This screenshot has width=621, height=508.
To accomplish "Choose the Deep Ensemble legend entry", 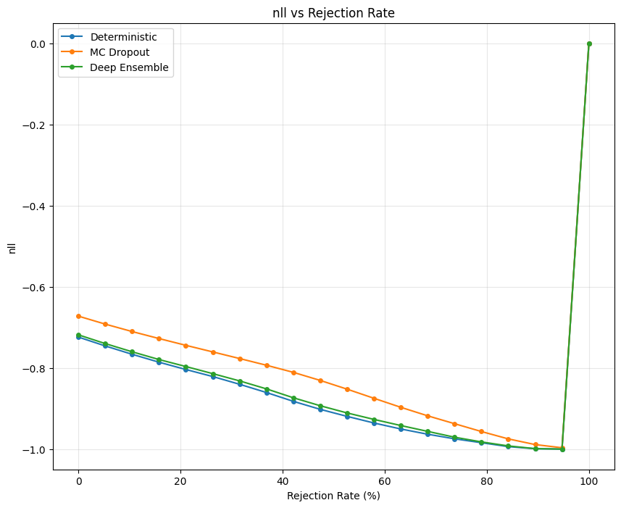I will coord(129,67).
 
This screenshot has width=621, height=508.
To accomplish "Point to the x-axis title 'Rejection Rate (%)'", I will coord(333,496).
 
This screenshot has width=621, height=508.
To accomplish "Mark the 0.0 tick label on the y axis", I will coord(38,44).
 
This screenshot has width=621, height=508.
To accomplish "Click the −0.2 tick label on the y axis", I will coord(35,125).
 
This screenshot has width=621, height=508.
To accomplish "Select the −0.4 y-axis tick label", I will coord(35,207).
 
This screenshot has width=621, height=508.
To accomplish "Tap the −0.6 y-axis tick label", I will coord(35,288).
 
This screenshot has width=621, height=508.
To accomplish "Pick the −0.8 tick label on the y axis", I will coord(35,369).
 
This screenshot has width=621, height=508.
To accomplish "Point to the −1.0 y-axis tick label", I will coord(35,450).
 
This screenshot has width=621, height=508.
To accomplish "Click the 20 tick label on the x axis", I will coord(180,480).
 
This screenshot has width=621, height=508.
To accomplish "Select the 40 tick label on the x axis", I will coord(283,480).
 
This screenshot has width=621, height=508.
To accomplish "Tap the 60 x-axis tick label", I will coord(385,480).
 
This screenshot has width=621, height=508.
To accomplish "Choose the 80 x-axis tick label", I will coord(487,480).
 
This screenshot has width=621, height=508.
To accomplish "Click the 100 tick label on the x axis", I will coord(589,480).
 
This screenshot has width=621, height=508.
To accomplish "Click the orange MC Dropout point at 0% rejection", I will coord(78,316).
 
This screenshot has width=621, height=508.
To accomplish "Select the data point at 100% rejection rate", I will coord(589,43).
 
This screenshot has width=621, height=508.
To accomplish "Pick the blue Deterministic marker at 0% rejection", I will coord(78,338).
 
